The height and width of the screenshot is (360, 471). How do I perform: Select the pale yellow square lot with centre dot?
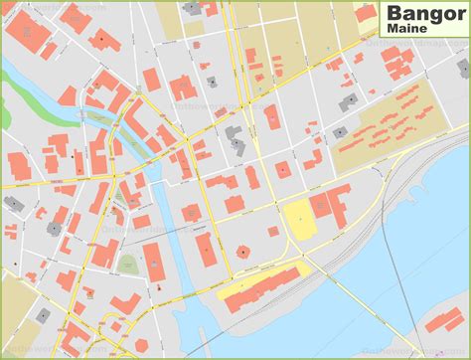(x=297, y=217)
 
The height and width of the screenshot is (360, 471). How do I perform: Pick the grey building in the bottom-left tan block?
(x=43, y=315)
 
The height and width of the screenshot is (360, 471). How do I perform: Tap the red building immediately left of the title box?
(x=366, y=14)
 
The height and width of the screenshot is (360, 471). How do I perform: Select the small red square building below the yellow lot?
(x=273, y=231)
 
